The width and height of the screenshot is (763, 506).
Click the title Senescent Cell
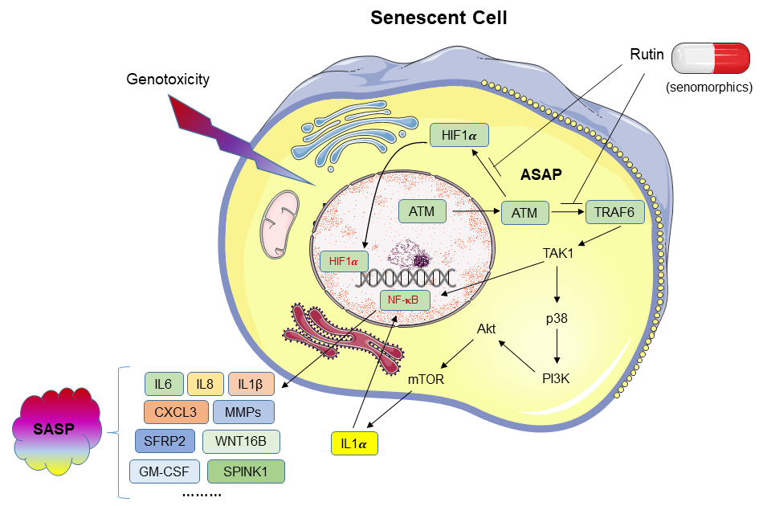[x=439, y=18]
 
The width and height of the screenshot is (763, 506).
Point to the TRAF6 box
[x=614, y=212]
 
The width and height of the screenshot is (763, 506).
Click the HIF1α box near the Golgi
[x=459, y=137]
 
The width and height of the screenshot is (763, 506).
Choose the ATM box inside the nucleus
[x=422, y=212]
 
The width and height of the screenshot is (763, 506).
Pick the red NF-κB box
[x=405, y=300]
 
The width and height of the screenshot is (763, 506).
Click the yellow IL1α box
[x=353, y=442]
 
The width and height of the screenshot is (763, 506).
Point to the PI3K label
[x=555, y=377]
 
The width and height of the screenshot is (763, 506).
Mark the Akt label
[x=487, y=328]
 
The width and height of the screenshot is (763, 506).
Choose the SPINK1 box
[x=246, y=471]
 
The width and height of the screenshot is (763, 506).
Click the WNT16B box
[x=241, y=442]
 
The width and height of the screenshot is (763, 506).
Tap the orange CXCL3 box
[x=176, y=412]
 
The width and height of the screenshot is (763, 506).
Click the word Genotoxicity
[x=168, y=79]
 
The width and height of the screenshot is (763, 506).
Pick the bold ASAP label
[x=541, y=174]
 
